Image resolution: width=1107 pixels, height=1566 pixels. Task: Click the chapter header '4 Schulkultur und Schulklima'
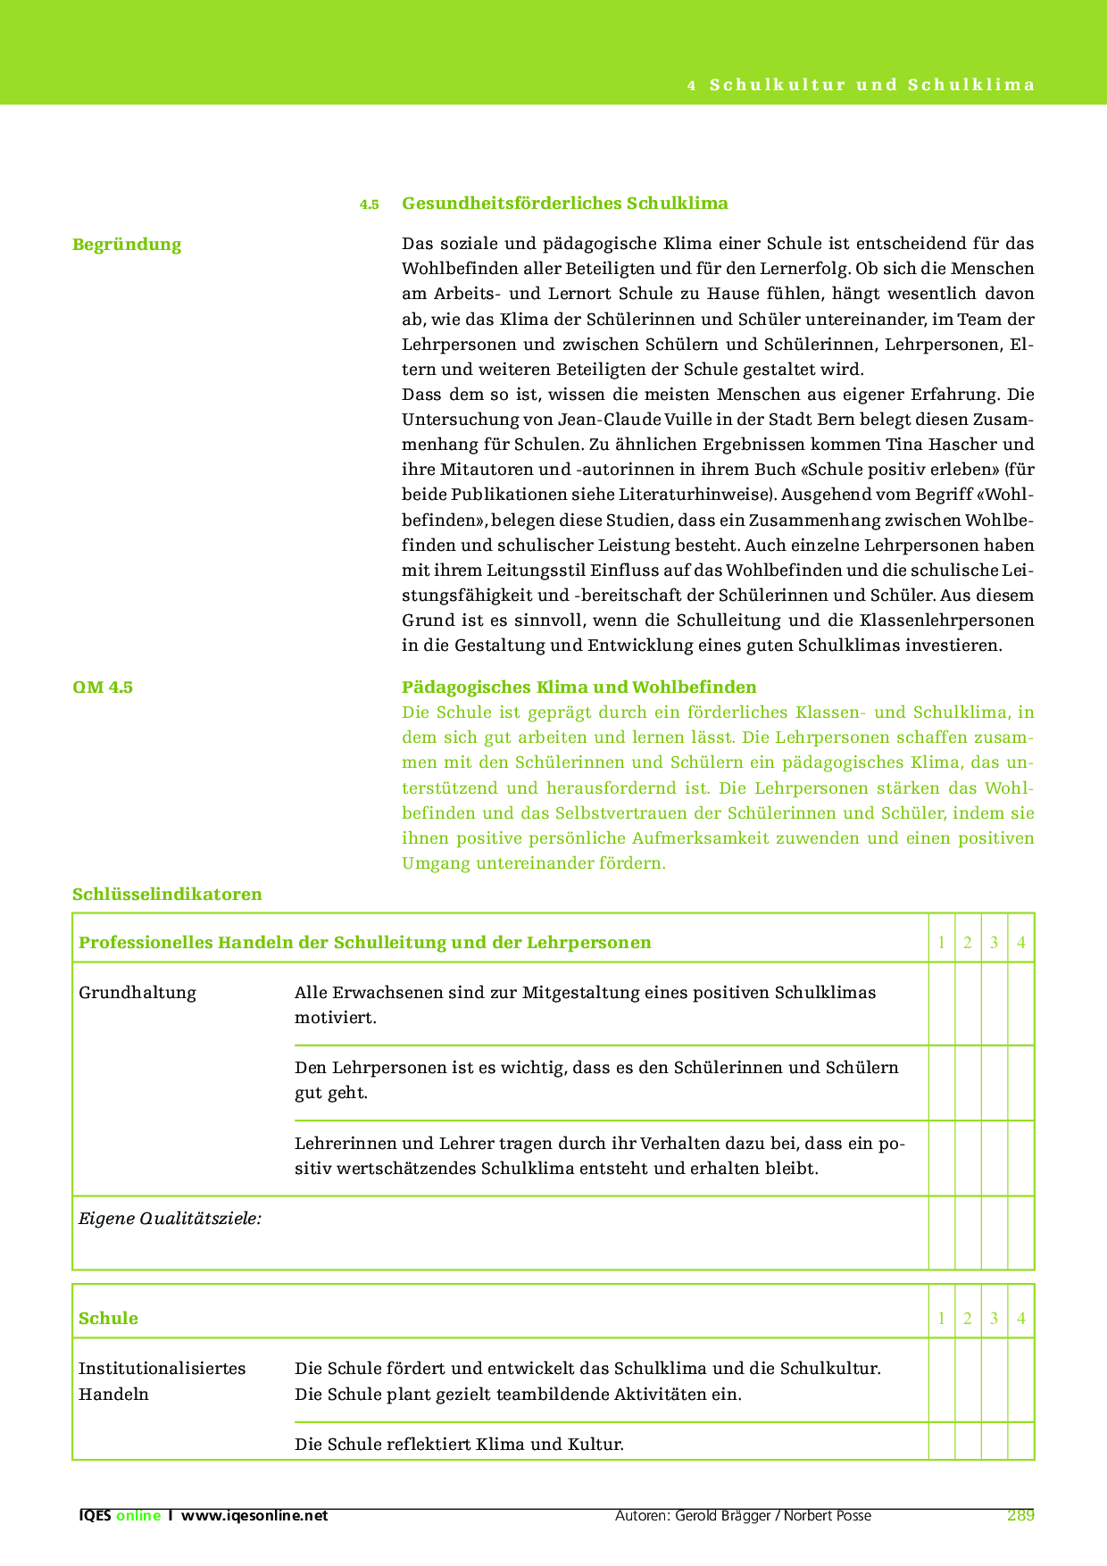861,85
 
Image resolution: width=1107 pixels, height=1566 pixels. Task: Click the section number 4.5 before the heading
369,204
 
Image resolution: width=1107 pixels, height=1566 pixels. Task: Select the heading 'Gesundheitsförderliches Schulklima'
564,203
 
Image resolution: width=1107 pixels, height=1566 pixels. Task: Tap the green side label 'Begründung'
127,245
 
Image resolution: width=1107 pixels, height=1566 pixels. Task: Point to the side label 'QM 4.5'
103,687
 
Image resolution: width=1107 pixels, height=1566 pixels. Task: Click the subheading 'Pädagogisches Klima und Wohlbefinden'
578,687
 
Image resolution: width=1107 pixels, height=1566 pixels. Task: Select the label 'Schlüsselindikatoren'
167,895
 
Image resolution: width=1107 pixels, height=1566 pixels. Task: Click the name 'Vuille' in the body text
657,420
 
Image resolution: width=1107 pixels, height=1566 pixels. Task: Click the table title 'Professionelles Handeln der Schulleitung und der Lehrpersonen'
365,943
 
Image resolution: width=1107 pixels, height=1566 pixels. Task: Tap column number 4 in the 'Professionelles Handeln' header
1020,943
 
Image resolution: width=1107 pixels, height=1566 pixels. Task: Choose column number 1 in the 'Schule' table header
941,1319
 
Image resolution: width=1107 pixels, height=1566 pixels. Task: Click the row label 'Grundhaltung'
137,993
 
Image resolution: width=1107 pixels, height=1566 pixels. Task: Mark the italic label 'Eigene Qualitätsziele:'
171,1219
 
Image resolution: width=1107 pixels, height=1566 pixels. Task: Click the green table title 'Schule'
108,1319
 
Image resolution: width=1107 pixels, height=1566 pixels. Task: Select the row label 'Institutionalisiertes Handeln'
162,1381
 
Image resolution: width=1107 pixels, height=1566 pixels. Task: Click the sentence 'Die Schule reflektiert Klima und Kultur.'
459,1444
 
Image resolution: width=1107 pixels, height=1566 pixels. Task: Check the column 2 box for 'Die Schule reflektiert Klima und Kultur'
968,1441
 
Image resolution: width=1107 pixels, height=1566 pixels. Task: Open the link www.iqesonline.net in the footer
254,1516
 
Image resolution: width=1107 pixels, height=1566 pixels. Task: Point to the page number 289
1020,1515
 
